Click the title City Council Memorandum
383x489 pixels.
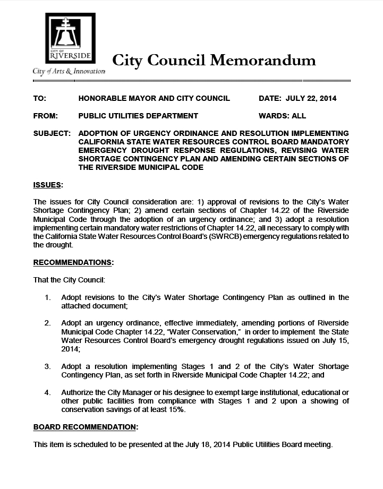click(x=214, y=60)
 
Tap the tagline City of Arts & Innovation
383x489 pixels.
click(x=69, y=71)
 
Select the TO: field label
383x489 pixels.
click(x=40, y=98)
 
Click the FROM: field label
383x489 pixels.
click(x=45, y=116)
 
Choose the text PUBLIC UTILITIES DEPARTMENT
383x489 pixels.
click(x=138, y=116)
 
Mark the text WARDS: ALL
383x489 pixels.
click(x=282, y=116)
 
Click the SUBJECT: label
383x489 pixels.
click(x=52, y=133)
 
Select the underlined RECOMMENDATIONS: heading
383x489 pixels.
click(x=73, y=262)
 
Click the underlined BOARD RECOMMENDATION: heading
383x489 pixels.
click(x=86, y=427)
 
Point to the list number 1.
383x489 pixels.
click(x=47, y=297)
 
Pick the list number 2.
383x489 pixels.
click(x=47, y=323)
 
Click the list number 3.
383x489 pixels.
click(x=47, y=366)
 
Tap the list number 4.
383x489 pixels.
click(x=47, y=393)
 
